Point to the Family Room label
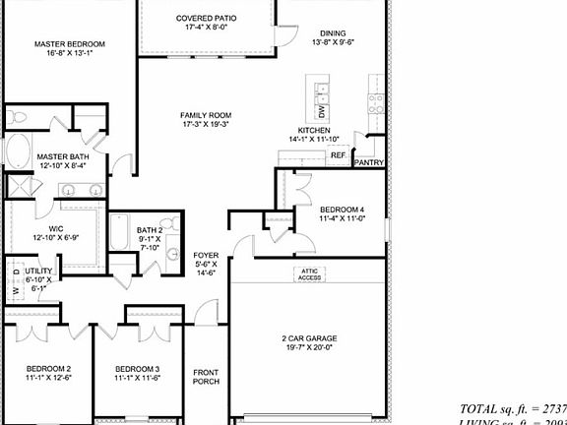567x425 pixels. pos(205,120)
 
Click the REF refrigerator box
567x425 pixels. pos(338,155)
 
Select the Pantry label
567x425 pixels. pos(368,163)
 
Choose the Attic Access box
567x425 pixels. pos(310,274)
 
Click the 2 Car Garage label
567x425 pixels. pos(307,341)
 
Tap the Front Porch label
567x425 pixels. pos(206,378)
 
